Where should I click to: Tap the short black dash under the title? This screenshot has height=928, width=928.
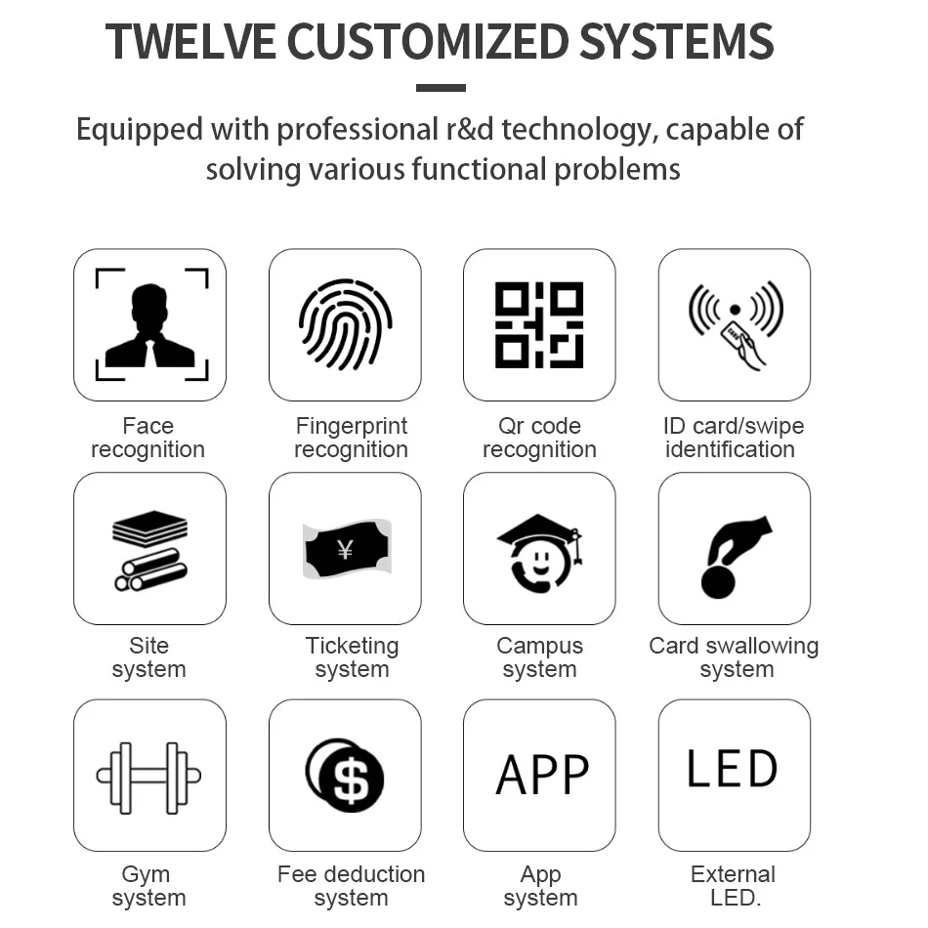tap(441, 88)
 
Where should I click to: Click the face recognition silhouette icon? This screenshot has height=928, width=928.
tap(149, 325)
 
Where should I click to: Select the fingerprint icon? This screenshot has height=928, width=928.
tap(345, 325)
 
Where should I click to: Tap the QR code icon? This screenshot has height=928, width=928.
tap(539, 325)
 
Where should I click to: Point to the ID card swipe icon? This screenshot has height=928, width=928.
tap(735, 325)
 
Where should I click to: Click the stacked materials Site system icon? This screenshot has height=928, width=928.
tap(149, 549)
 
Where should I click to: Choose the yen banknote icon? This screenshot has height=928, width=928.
tap(345, 549)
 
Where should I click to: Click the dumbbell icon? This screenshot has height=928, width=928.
tap(149, 776)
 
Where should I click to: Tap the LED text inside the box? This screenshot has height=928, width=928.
tap(733, 770)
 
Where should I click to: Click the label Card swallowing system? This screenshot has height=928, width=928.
tap(735, 657)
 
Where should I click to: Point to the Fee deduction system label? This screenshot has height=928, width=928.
tap(351, 886)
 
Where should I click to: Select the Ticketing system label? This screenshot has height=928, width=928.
tap(352, 657)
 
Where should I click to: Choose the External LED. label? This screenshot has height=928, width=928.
tap(734, 886)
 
